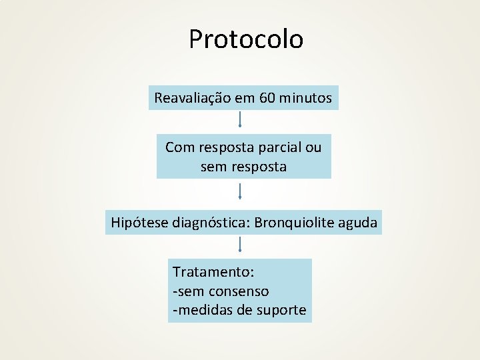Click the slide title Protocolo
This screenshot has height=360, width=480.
point(245,39)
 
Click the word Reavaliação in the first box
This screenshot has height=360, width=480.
point(192,98)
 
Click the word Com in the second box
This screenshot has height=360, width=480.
point(179,147)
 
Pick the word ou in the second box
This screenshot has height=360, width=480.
point(313,147)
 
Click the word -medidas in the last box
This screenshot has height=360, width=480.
point(199,310)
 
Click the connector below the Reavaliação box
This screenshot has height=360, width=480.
point(239,119)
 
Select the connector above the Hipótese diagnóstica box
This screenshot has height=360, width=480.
point(239,192)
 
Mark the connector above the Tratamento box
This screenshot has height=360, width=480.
point(239,243)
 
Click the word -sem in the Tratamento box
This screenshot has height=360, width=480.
point(189,291)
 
